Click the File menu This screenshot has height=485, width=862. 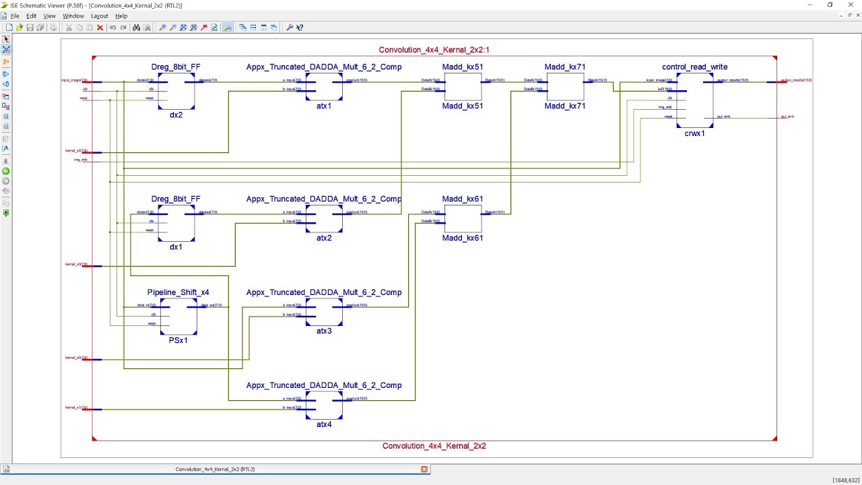[14, 16]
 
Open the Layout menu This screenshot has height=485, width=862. [99, 16]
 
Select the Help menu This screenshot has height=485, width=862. [121, 16]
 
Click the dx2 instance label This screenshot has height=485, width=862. [176, 115]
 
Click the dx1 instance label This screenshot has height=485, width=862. [176, 247]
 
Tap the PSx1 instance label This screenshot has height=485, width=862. [178, 341]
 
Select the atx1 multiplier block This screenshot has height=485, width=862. [324, 87]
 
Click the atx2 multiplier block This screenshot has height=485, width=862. [324, 219]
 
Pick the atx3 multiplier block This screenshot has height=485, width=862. [324, 312]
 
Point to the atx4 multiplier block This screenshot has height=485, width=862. [324, 405]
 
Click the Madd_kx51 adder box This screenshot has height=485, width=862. [463, 86]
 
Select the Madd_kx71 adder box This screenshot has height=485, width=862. [565, 86]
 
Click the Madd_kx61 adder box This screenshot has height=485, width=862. [463, 218]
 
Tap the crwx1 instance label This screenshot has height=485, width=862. [694, 133]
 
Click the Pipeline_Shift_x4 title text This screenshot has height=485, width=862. [178, 292]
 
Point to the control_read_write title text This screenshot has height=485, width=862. [694, 67]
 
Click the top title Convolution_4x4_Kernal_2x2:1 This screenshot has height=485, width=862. [434, 50]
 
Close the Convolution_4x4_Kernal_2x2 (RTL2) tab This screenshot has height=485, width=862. [424, 470]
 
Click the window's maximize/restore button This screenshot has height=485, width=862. [830, 5]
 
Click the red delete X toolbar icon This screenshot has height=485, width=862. [100, 28]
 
